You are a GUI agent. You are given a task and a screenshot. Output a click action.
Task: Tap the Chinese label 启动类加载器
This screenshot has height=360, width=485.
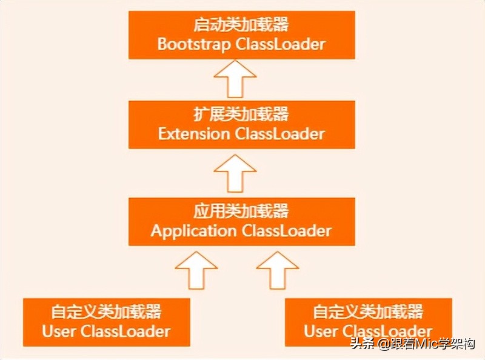pyautogui.click(x=241, y=26)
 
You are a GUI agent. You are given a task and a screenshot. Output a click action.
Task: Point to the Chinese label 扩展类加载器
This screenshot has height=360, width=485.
pyautogui.click(x=241, y=114)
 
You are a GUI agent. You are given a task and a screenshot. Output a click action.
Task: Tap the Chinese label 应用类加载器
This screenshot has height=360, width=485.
pyautogui.click(x=241, y=212)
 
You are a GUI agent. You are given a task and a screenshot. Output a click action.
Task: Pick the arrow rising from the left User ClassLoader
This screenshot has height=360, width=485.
pyautogui.click(x=195, y=271)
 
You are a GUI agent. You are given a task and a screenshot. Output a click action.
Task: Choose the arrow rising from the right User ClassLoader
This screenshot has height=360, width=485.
pyautogui.click(x=277, y=271)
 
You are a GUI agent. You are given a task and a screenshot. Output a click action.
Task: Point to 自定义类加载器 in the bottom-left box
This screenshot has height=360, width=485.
pyautogui.click(x=106, y=312)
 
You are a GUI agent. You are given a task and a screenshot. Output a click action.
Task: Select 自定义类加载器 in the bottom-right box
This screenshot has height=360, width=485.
pyautogui.click(x=368, y=312)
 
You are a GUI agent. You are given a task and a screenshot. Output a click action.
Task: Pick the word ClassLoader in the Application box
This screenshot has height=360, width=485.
pyautogui.click(x=287, y=231)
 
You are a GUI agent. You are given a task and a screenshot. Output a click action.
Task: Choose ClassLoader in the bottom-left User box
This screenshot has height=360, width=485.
pyautogui.click(x=125, y=331)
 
